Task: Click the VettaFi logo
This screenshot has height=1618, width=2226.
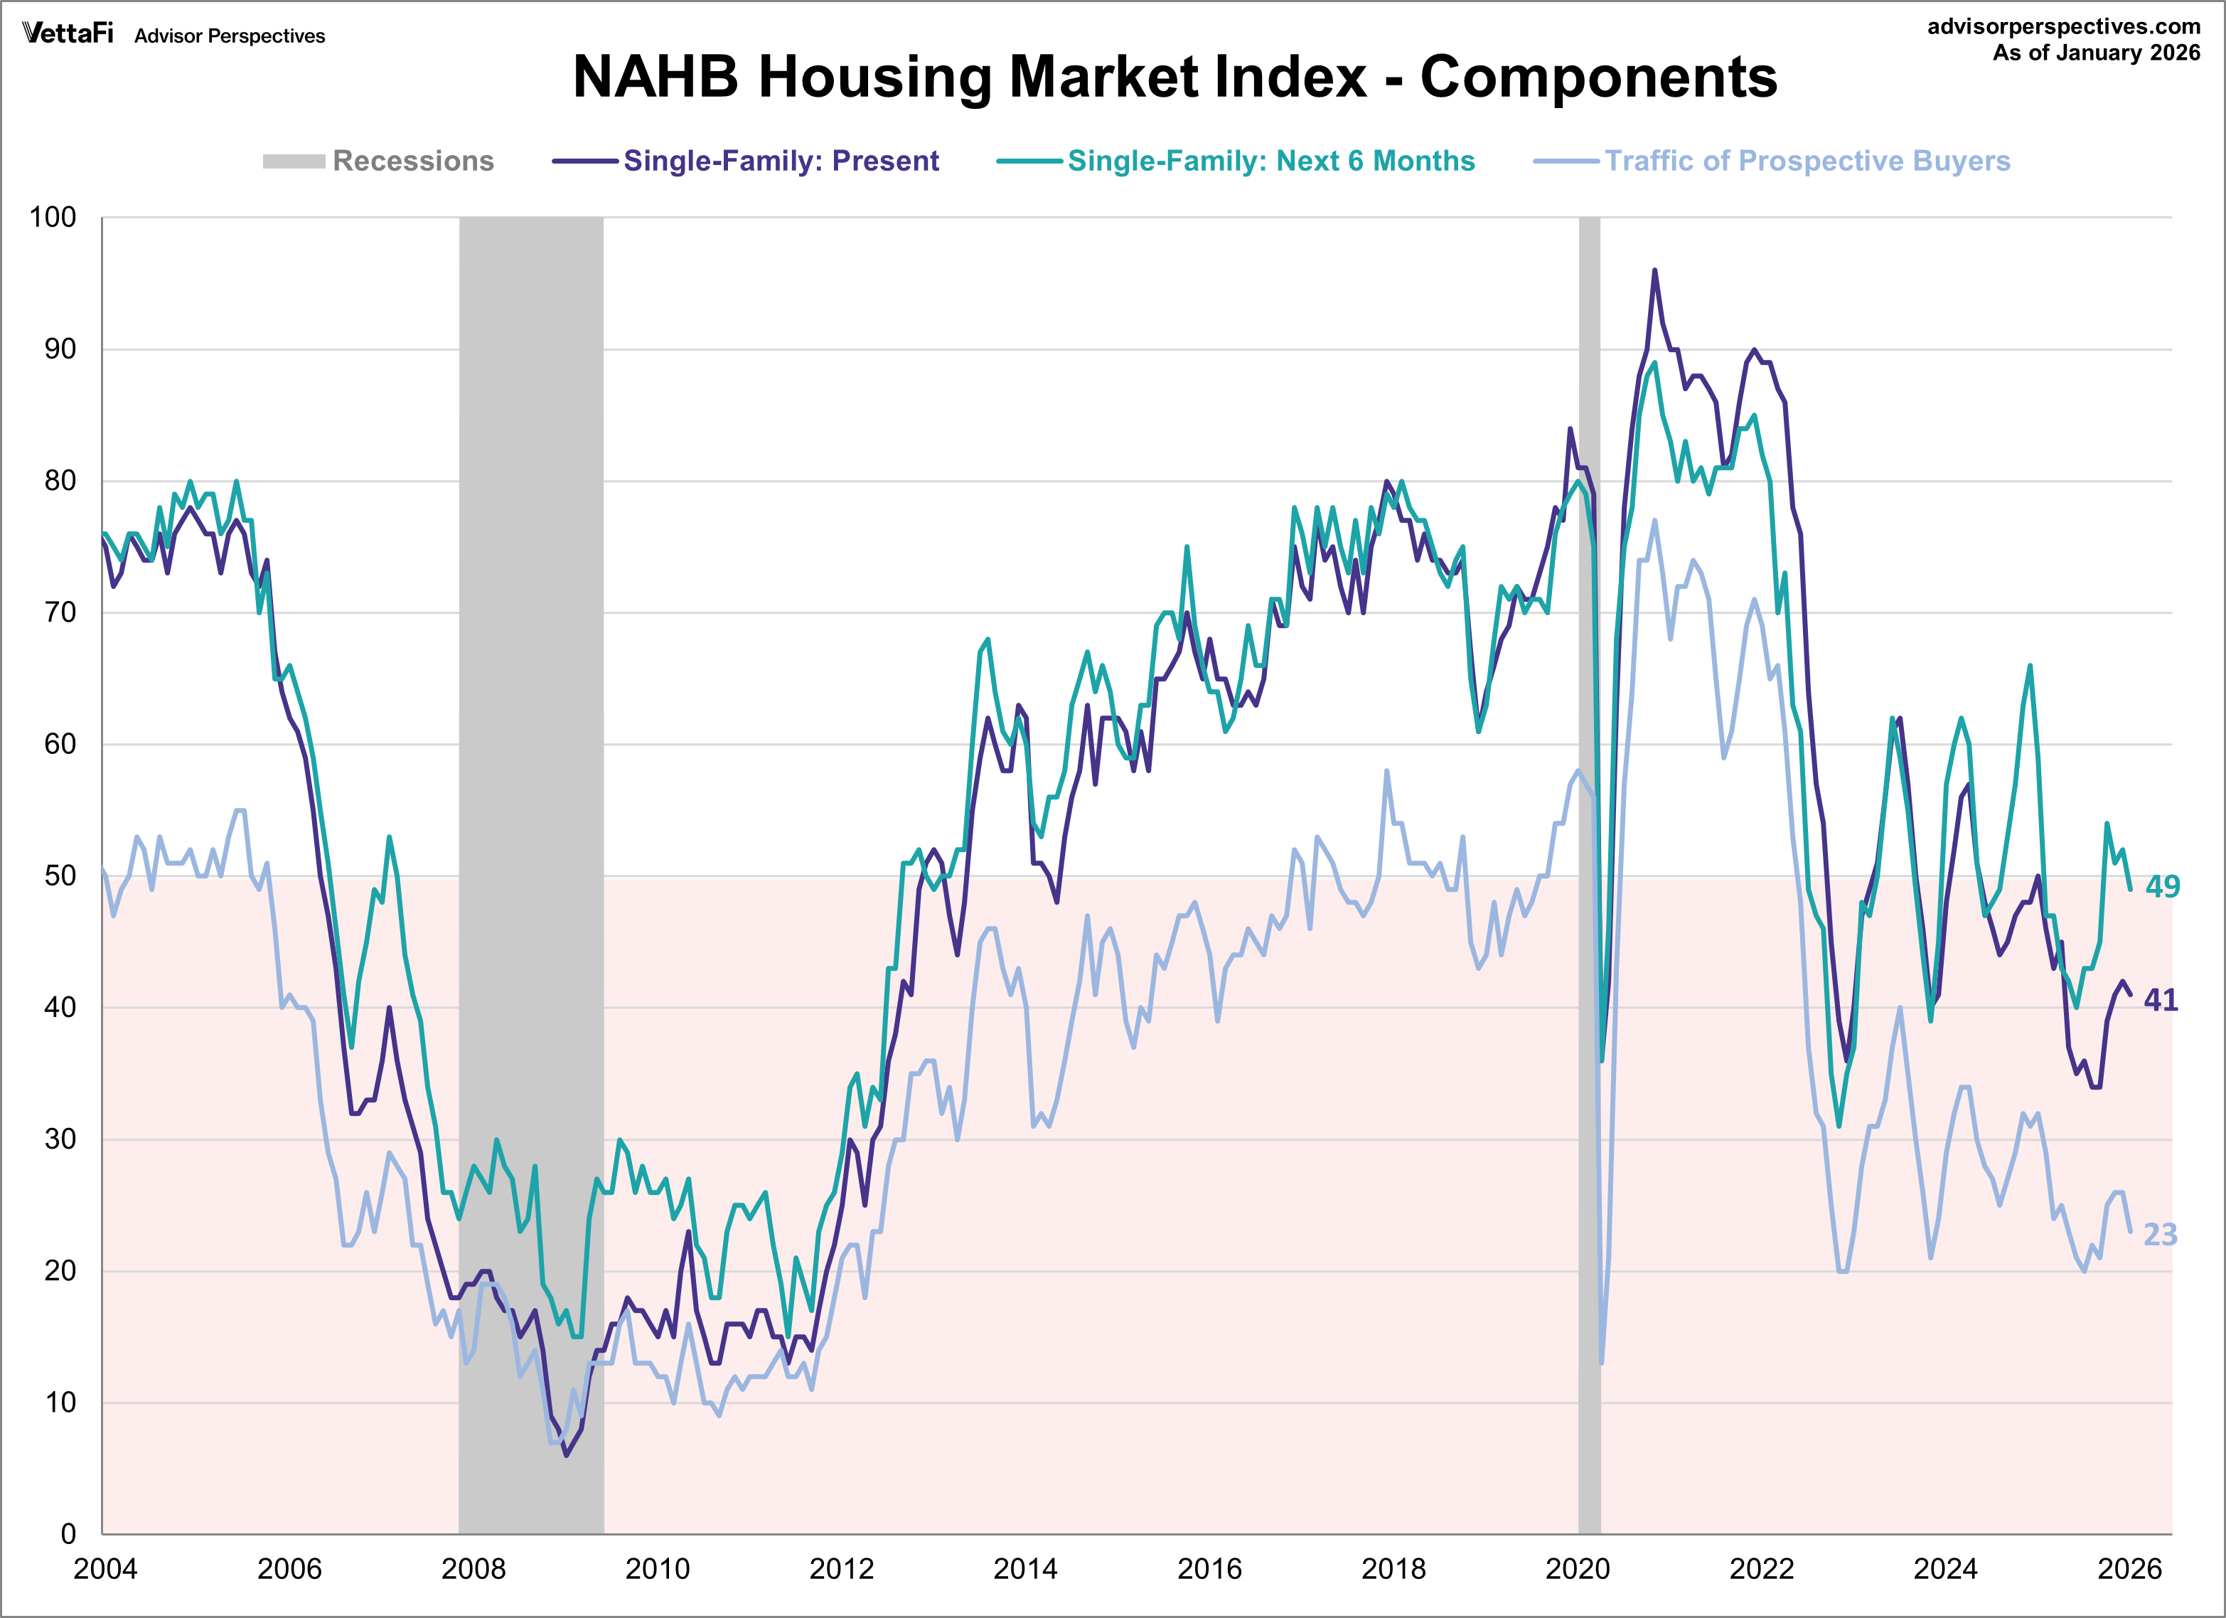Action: (x=68, y=34)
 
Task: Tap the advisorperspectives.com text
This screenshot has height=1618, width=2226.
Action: (x=2063, y=26)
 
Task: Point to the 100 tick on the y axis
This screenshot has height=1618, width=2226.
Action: (x=53, y=217)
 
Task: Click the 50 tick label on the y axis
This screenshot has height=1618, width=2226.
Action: (x=60, y=875)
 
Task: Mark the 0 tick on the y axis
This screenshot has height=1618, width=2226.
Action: (x=68, y=1533)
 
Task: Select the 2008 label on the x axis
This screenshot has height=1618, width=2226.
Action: (x=473, y=1569)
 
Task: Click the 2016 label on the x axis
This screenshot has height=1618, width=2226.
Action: (x=1209, y=1569)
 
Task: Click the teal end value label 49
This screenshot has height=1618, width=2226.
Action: (x=2161, y=887)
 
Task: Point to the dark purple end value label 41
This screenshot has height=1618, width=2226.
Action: (x=2161, y=1001)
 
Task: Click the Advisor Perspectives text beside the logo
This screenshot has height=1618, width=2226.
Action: (x=230, y=36)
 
